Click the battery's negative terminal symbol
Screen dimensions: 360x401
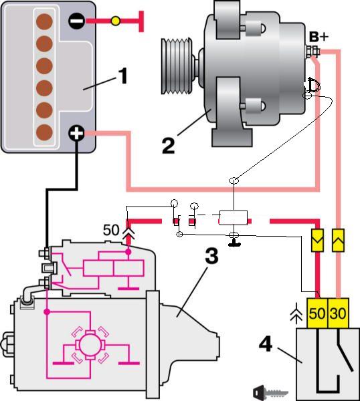[76, 21]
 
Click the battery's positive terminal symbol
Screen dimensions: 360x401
[76, 133]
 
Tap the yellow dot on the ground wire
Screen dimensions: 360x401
[116, 21]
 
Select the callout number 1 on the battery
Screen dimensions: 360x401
[122, 76]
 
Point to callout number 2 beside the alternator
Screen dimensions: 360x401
[169, 145]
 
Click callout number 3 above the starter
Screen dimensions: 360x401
[211, 256]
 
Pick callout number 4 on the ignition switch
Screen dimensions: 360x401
[266, 344]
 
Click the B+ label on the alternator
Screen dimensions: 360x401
[319, 37]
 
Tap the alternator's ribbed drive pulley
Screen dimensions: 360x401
[177, 66]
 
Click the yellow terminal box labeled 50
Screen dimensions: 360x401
[317, 313]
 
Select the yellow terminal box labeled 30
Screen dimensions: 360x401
[338, 313]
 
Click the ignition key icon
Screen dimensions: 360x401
[270, 392]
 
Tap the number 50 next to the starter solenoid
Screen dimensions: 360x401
[111, 230]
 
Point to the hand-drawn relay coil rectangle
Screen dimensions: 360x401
[234, 218]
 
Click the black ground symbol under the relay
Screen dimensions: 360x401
[234, 243]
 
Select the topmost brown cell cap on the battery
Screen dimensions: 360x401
[44, 21]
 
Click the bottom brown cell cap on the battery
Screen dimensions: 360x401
[44, 132]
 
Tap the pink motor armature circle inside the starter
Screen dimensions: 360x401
[90, 345]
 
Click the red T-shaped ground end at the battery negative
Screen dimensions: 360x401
[141, 21]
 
